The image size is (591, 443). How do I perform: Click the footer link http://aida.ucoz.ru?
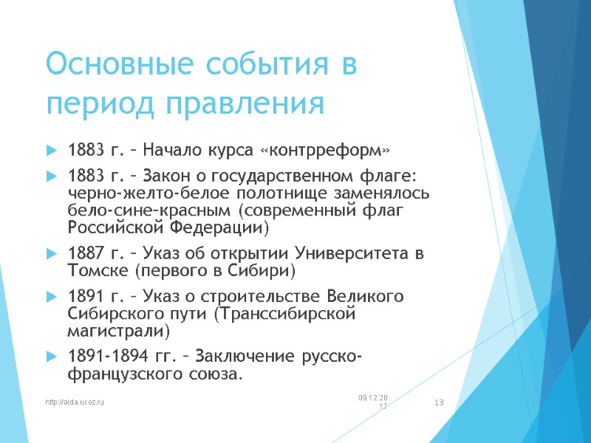[75, 402]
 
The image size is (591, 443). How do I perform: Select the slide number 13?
[439, 402]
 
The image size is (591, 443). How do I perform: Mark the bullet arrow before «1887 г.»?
[51, 255]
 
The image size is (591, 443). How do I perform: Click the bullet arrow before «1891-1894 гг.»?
[51, 358]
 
